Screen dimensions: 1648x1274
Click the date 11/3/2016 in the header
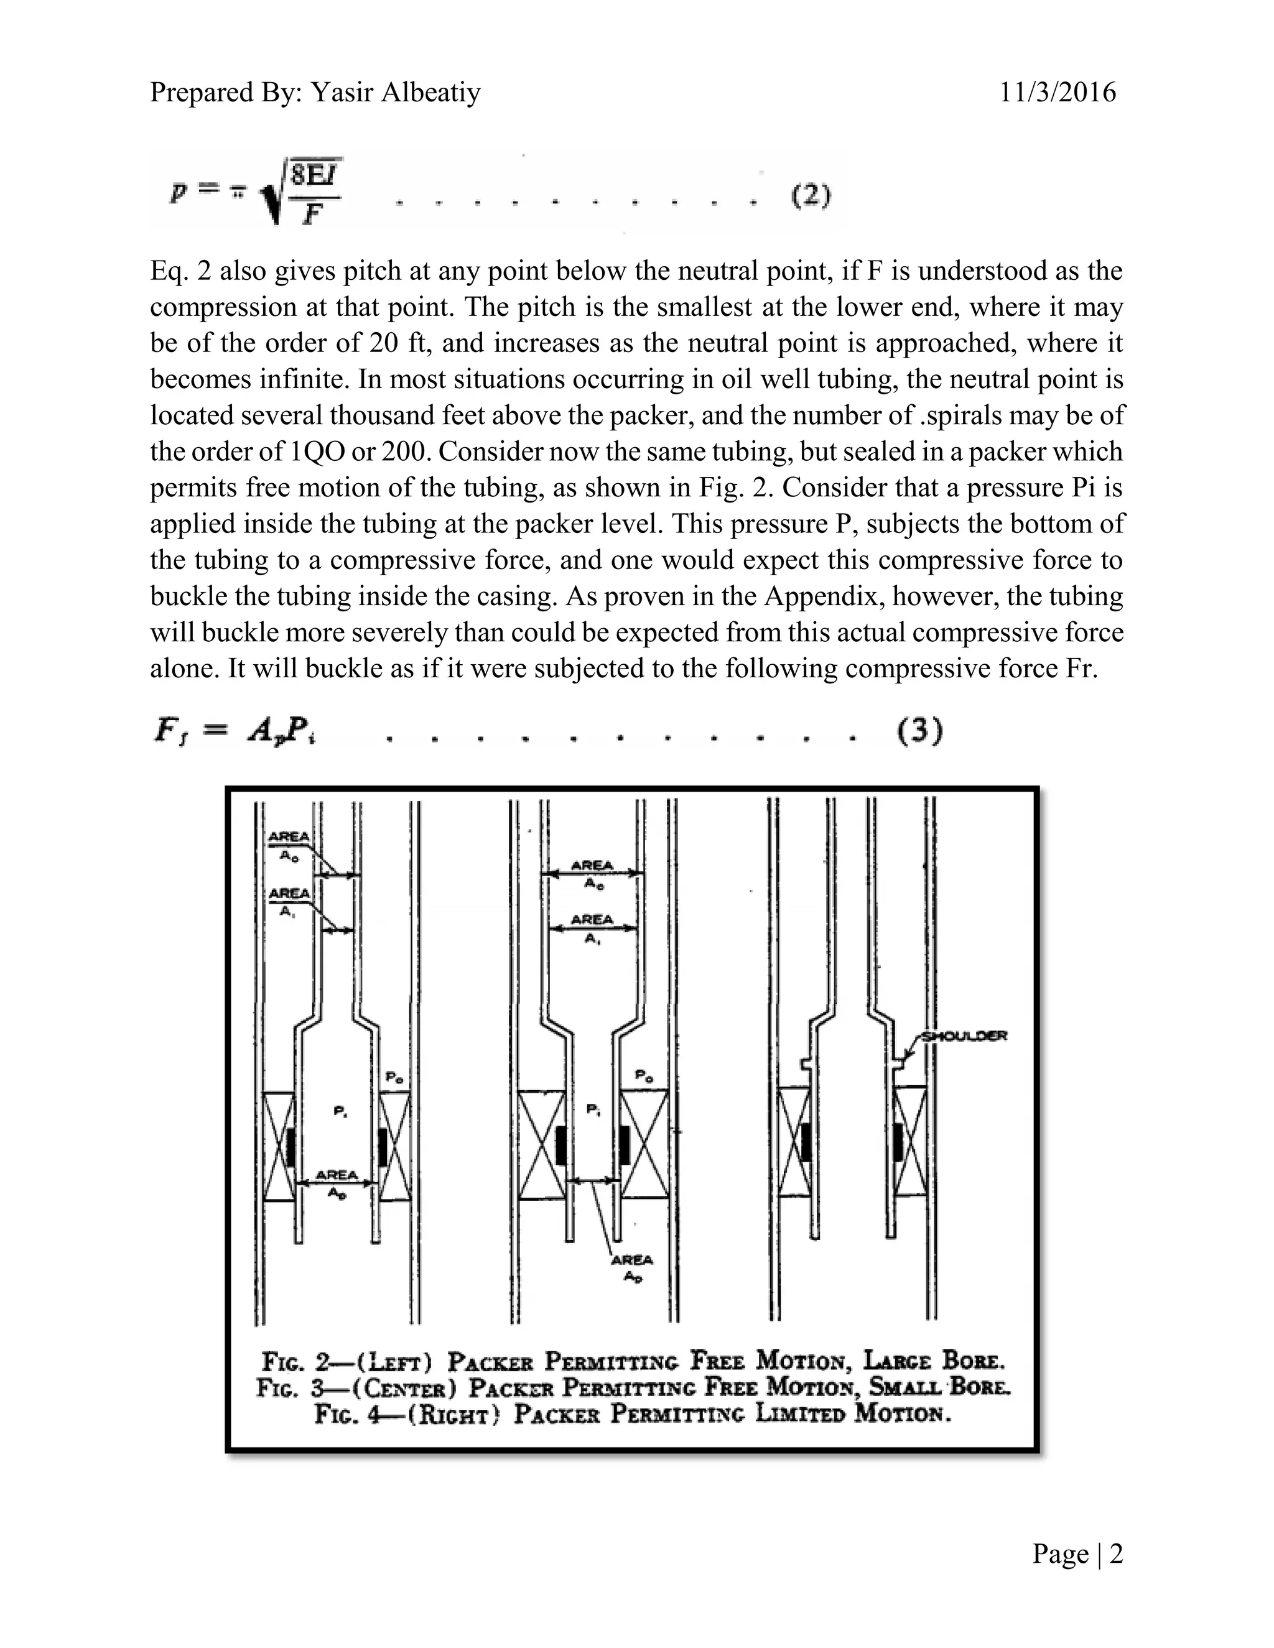pos(1058,92)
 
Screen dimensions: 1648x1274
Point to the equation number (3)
pos(919,732)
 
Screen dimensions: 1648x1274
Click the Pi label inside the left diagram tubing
pos(340,1111)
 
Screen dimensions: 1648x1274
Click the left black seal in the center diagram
pos(560,1145)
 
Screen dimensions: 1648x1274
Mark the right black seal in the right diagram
pos(898,1142)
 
